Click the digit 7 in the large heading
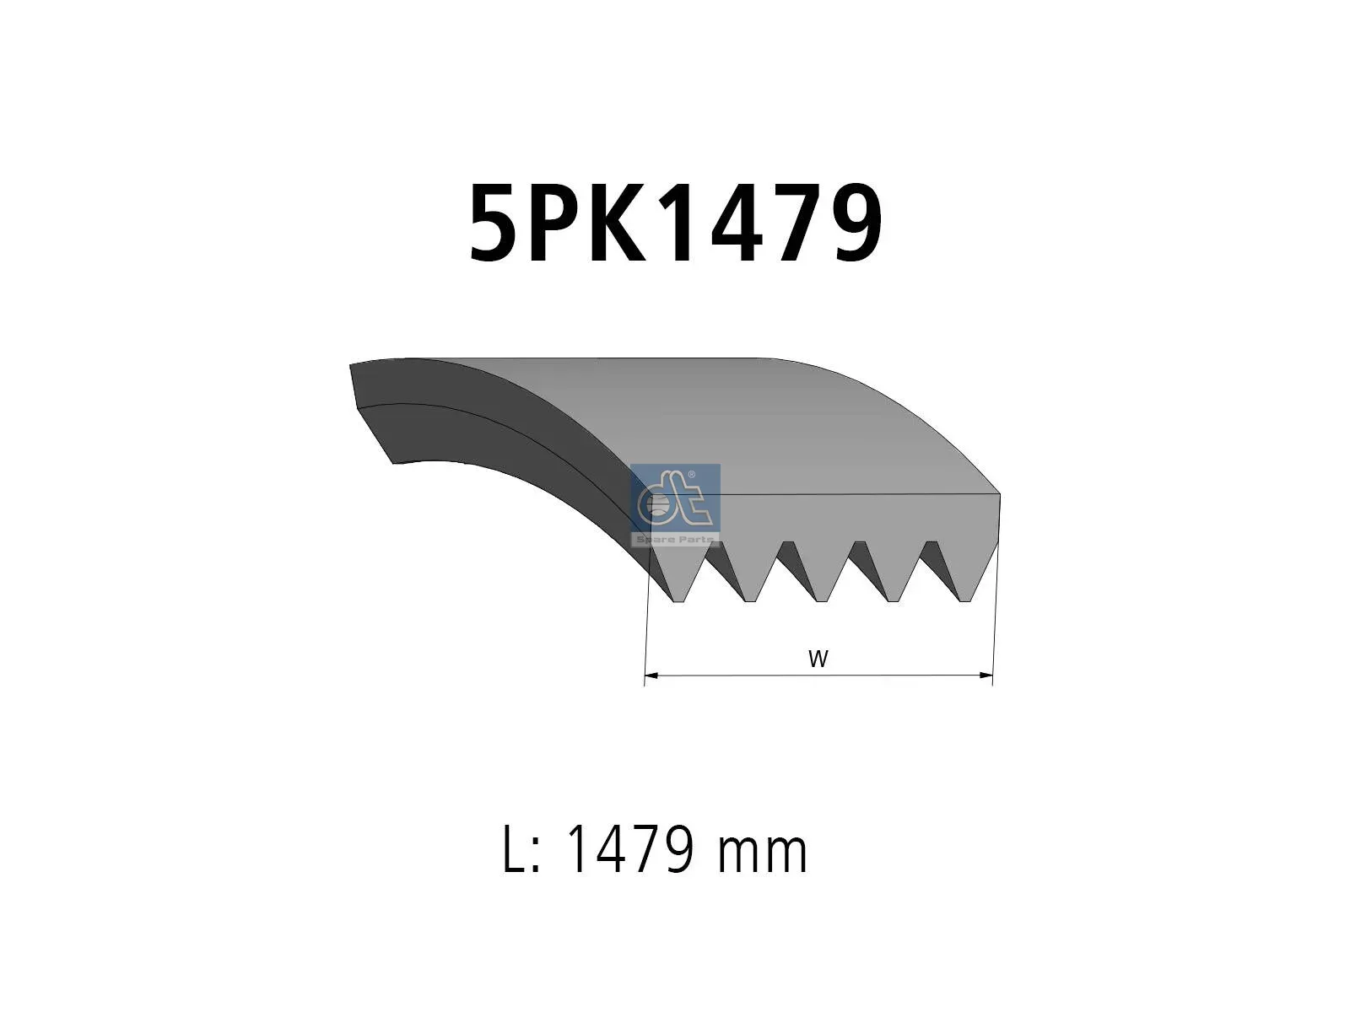791,223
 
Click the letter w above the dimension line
818,659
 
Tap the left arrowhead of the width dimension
651,676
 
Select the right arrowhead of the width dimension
985,676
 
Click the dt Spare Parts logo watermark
676,505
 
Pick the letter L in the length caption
516,850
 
